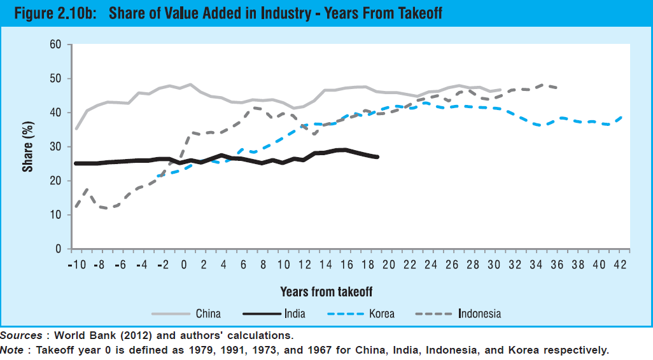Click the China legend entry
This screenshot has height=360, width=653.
point(208,314)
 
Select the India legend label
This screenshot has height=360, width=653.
point(295,314)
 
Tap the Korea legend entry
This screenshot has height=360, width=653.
point(382,314)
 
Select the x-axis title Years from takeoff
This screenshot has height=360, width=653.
point(326,291)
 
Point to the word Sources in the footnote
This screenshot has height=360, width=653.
point(19,335)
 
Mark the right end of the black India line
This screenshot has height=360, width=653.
point(378,156)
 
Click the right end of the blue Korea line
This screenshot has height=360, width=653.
point(622,117)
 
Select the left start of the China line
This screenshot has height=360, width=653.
point(76,129)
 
